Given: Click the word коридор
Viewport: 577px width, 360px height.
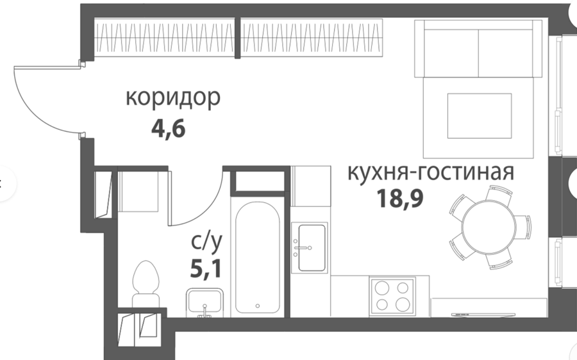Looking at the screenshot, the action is pos(173,98).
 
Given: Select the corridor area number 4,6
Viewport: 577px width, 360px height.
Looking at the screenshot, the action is pos(168,128).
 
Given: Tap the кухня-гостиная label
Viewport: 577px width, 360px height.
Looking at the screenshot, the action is pos(431,172).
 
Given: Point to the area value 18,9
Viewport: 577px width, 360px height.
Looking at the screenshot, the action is pos(399,199).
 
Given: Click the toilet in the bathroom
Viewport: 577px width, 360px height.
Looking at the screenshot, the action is pos(146,284).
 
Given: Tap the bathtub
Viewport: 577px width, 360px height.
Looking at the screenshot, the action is pos(258,257).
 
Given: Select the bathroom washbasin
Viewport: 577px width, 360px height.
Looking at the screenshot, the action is pos(205,302).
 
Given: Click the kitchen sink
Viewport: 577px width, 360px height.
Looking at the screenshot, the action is pos(310,247).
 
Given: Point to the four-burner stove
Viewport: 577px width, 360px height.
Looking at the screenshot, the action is pos(392,296).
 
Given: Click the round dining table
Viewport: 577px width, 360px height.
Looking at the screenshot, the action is pos(489,227).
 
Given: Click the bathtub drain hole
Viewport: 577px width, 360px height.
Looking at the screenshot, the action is pos(258,306).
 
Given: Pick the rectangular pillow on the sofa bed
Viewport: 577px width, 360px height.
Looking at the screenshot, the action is pos(479,116).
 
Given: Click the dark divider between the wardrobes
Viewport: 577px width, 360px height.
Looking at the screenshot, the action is pos(238,38).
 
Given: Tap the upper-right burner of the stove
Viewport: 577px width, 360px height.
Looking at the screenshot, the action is pos(403,288).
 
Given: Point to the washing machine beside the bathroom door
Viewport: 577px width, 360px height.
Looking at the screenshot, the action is pos(138,190).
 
